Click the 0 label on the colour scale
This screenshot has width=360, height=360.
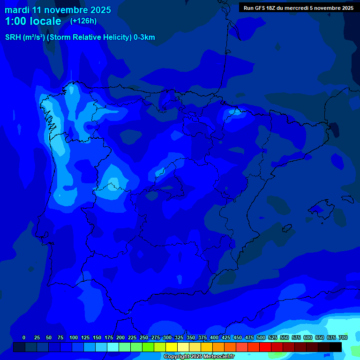coord(24,337)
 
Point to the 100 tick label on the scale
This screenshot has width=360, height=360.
coord(74,337)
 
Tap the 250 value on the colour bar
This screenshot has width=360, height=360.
coord(144,337)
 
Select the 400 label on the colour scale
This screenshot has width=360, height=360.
coord(214,337)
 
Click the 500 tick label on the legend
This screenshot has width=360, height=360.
coord(261,337)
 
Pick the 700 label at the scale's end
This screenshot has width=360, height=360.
coord(343,337)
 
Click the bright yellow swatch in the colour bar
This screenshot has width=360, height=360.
coord(172,347)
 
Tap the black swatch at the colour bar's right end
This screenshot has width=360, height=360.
coord(336,347)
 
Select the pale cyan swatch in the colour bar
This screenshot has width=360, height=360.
coord(113,347)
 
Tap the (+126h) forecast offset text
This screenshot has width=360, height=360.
coord(83,21)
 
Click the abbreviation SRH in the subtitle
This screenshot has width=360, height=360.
coord(13,37)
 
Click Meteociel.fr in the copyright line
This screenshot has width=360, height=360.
coord(219,357)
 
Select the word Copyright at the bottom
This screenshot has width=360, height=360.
coord(176,357)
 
